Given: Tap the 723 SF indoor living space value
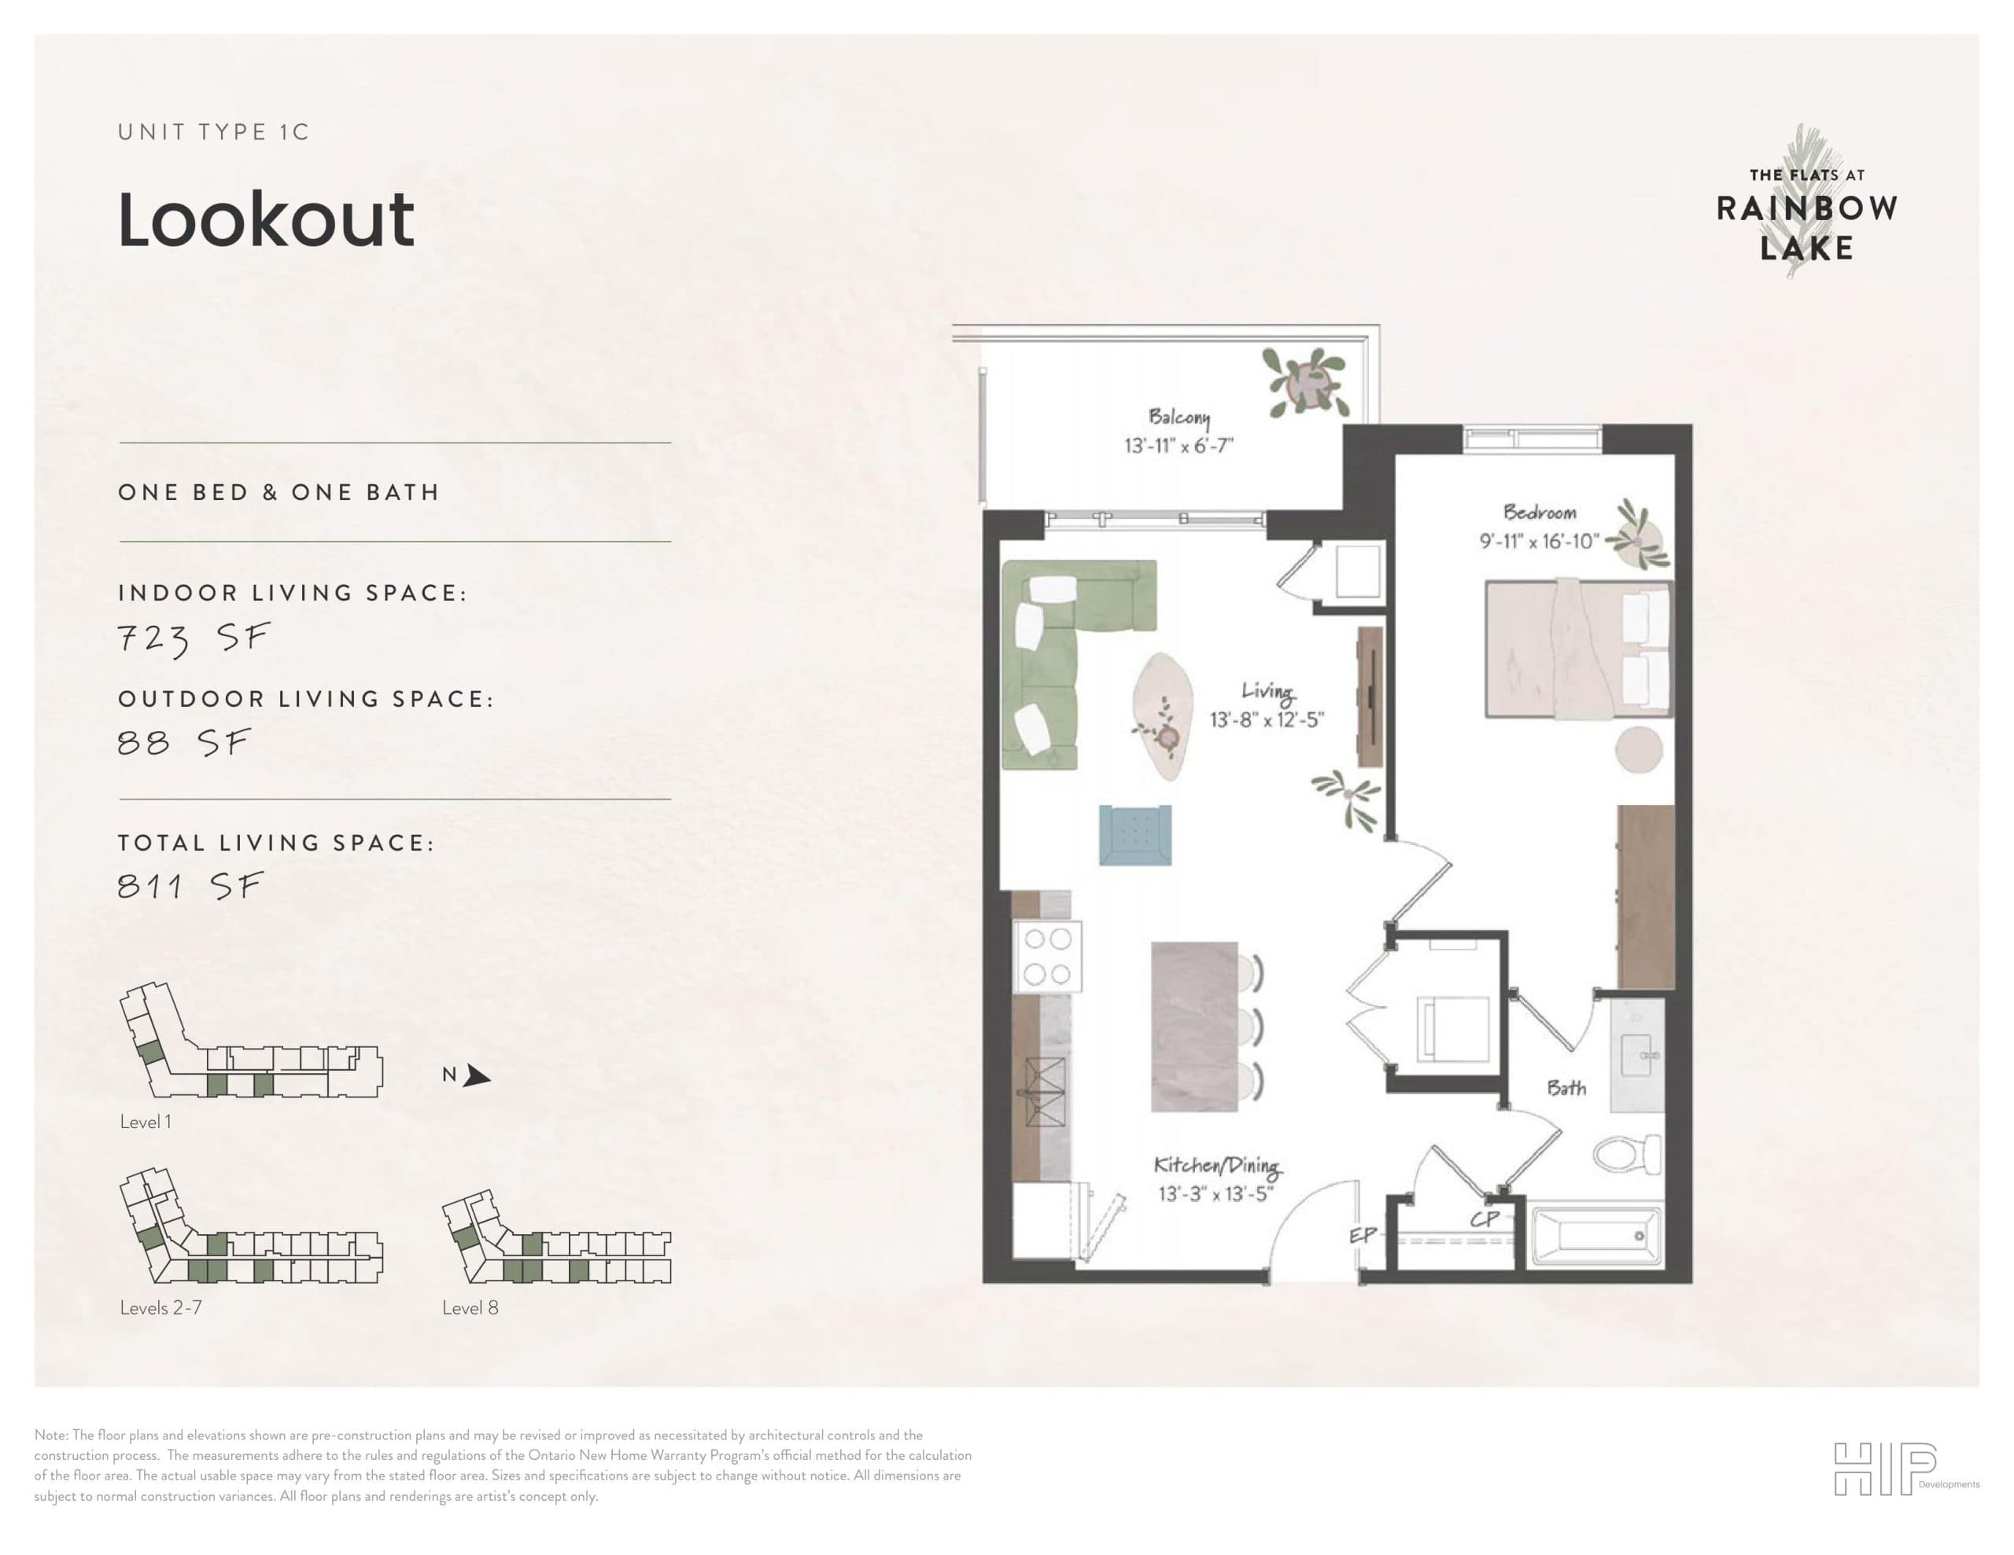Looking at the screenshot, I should (194, 638).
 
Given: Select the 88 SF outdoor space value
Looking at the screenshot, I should (184, 743).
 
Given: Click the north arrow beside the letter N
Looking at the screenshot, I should (476, 1075).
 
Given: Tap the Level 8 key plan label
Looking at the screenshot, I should (470, 1308).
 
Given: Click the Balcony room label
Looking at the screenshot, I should (1179, 417).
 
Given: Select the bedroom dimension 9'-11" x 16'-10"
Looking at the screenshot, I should (1539, 541).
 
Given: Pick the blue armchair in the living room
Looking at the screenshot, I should (1135, 835).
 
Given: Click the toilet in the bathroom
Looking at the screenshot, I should (1627, 1153).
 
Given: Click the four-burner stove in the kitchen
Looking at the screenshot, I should (1048, 956).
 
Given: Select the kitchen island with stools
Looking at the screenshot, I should (1195, 1026).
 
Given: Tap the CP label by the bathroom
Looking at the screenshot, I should (1485, 1219).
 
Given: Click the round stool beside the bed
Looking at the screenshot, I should (1640, 748).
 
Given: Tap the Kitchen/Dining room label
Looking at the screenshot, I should (1217, 1166).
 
